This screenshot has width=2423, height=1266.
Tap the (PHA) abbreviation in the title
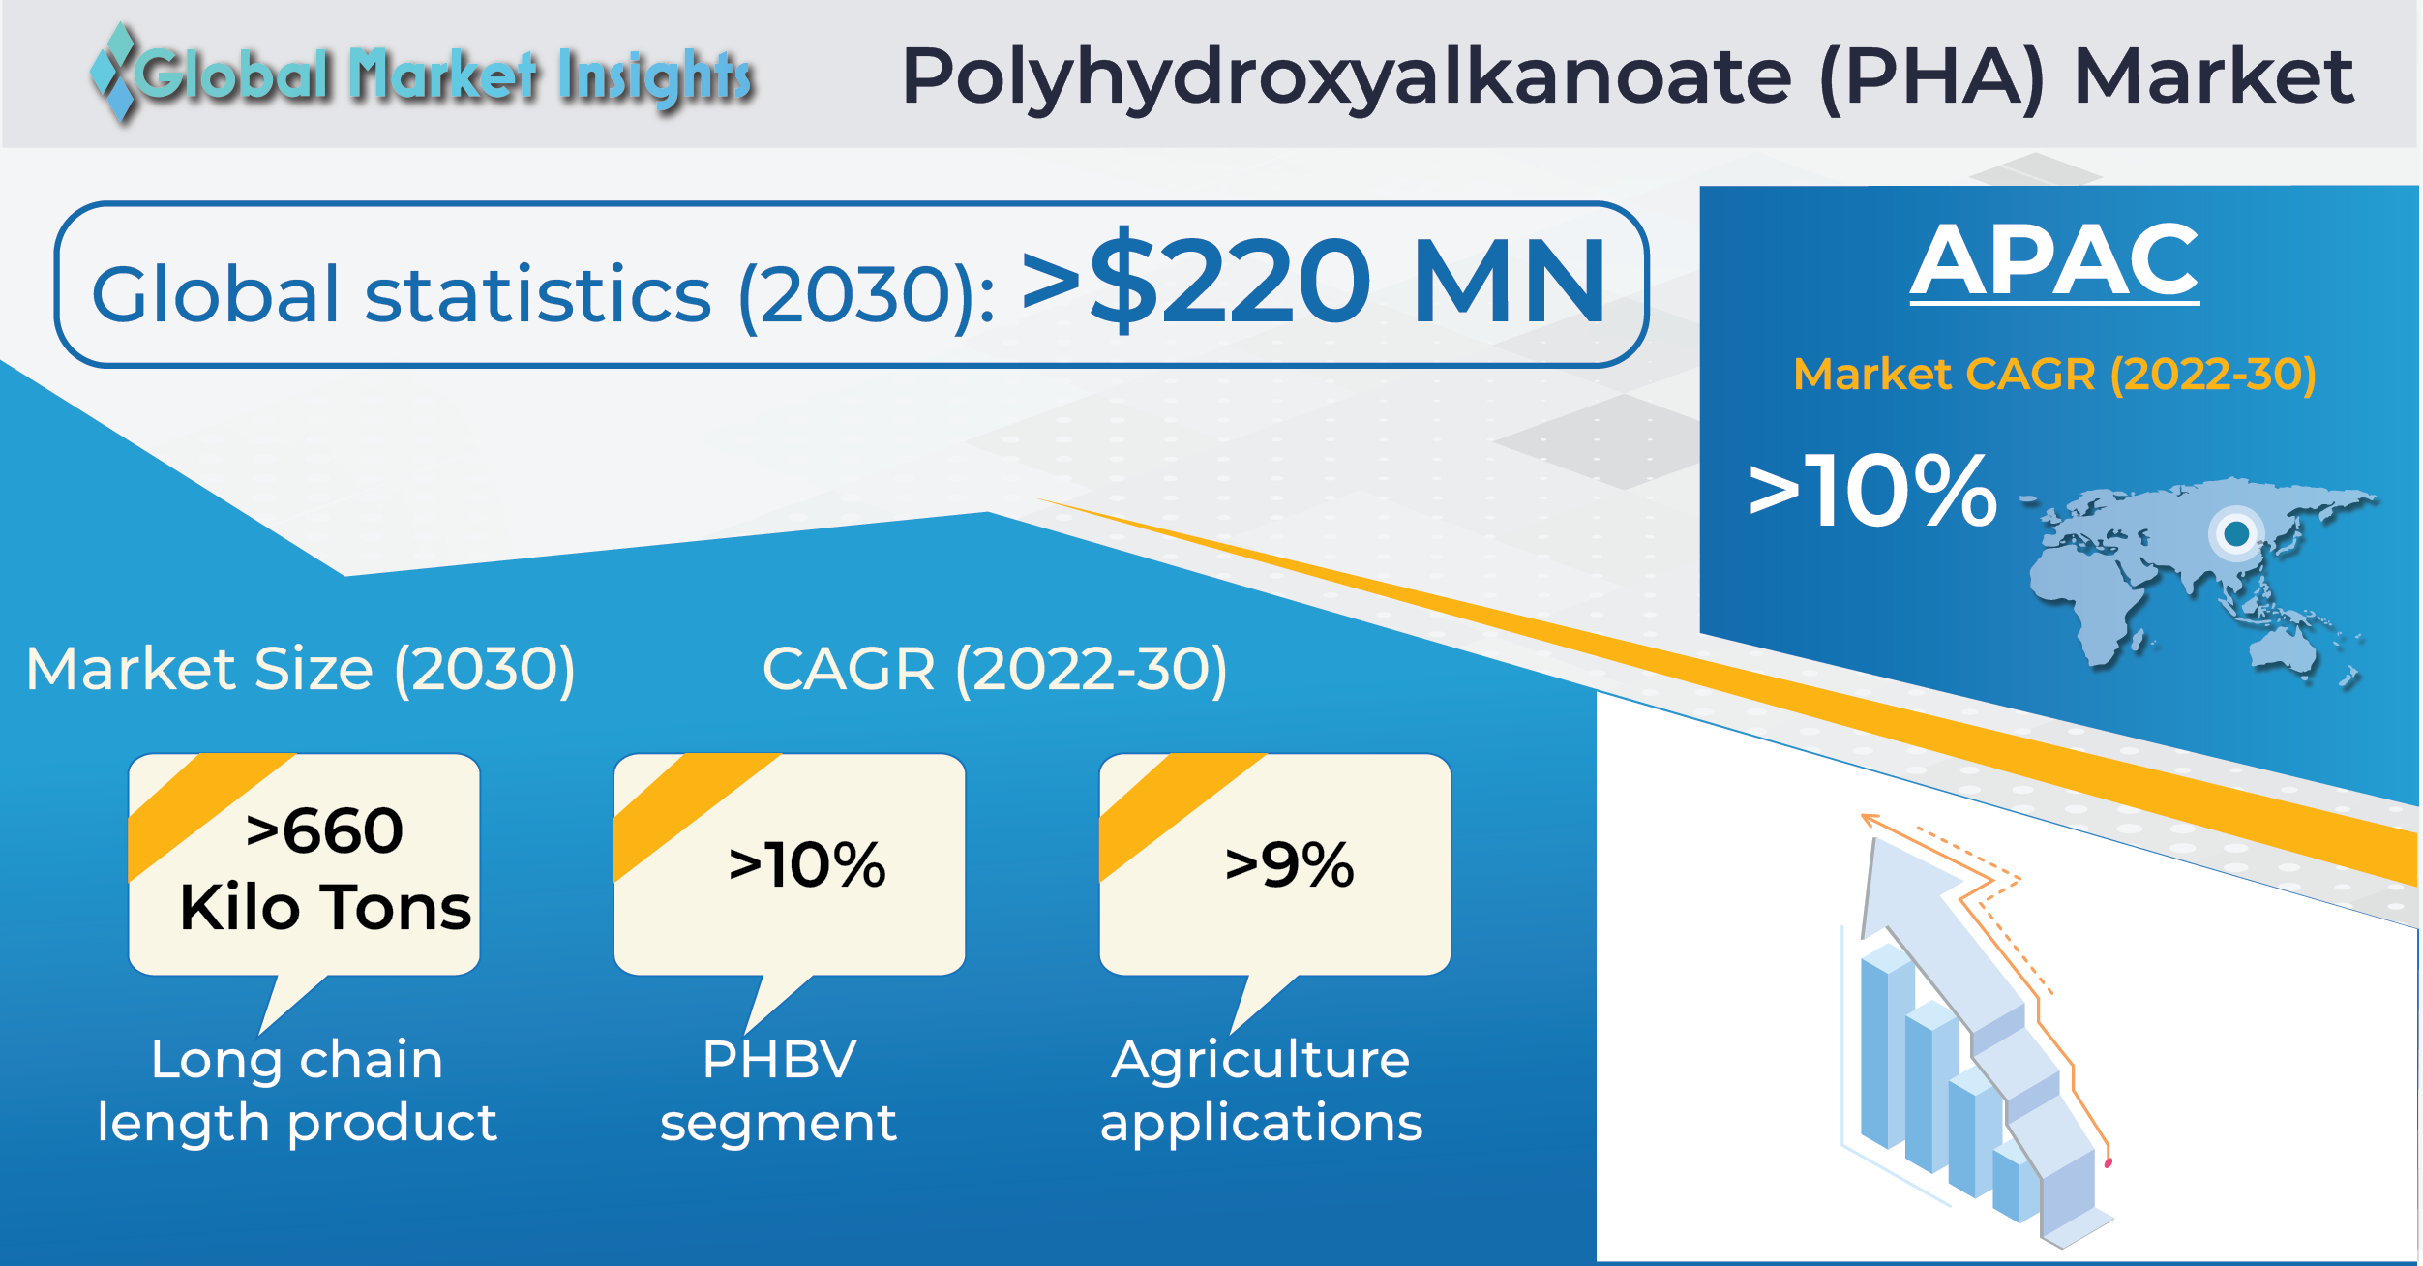pos(1932,77)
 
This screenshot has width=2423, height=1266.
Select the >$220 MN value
pos(1314,281)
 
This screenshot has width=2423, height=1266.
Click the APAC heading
pos(2054,261)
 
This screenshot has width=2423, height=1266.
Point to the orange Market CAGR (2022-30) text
pos(2054,375)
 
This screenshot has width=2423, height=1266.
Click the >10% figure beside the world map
pos(1873,492)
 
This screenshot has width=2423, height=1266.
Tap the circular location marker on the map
pos(2236,533)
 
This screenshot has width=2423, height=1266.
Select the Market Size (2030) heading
pos(301,670)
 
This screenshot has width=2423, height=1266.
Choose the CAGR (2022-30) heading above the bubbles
pos(995,670)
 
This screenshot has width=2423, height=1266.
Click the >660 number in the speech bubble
pos(324,830)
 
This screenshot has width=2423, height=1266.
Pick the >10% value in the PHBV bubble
pos(807,864)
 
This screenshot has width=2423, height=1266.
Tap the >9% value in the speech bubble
pos(1290,864)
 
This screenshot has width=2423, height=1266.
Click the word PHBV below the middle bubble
pos(780,1059)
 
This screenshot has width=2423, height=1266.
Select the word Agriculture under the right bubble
pos(1261,1061)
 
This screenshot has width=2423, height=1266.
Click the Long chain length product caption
pos(297,1092)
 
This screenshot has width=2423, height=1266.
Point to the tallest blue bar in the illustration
pos(1887,1045)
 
